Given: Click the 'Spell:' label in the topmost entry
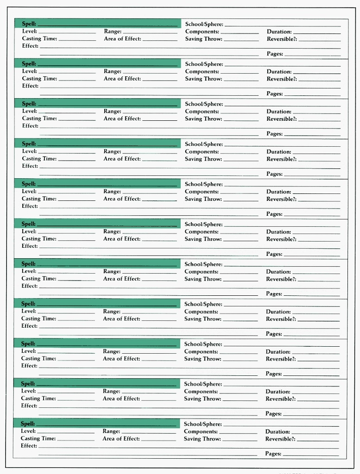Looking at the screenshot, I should (29, 24).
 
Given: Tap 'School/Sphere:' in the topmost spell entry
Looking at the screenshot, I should (204, 24).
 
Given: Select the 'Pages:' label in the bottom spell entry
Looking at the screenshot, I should (273, 454).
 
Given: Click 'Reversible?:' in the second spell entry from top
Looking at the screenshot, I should (282, 79).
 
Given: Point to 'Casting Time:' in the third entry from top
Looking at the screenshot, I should (39, 118).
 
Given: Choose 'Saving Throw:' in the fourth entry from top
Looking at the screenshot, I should (203, 159).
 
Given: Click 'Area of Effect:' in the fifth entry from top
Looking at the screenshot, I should (122, 199).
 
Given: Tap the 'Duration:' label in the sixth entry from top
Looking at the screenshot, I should (278, 232).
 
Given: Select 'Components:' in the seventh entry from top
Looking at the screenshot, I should (202, 272).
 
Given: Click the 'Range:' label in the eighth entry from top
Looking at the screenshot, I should (112, 312).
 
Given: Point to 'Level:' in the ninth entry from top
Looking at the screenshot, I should (29, 351).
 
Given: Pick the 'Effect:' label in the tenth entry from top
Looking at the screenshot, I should (29, 405).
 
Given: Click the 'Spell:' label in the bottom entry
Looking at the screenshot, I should (28, 424).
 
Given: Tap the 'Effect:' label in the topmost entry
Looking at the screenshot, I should (30, 46).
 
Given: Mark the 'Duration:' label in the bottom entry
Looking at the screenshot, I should (278, 432).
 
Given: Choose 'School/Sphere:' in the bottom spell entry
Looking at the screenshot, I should (202, 424).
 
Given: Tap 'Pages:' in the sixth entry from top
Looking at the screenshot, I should (274, 254).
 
